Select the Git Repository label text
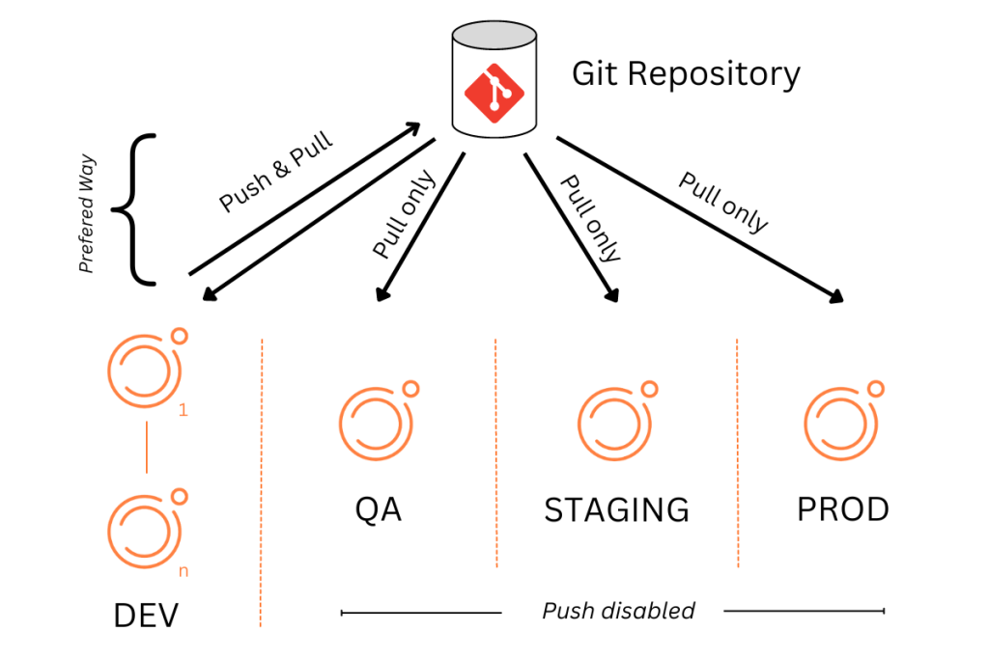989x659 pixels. [x=686, y=74]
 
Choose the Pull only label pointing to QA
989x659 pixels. [x=404, y=214]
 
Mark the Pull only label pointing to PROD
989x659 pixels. [x=723, y=202]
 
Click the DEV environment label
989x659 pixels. [x=146, y=616]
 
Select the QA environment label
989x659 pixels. [x=378, y=508]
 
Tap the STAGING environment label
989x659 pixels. [x=616, y=509]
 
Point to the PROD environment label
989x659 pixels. [x=842, y=508]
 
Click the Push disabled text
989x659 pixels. [x=618, y=611]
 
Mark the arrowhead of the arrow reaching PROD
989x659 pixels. [x=837, y=298]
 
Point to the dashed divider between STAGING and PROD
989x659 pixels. [x=737, y=453]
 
